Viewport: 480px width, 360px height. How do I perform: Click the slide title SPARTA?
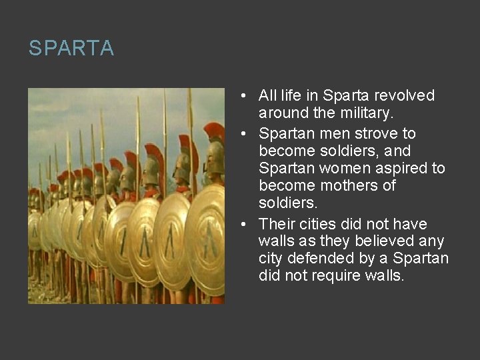click(71, 49)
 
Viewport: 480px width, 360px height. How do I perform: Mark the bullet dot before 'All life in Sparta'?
click(246, 96)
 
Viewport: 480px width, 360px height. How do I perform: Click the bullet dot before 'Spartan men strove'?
click(246, 133)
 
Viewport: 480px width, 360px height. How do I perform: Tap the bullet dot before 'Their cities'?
click(246, 225)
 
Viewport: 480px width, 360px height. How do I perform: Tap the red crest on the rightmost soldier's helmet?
click(215, 131)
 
